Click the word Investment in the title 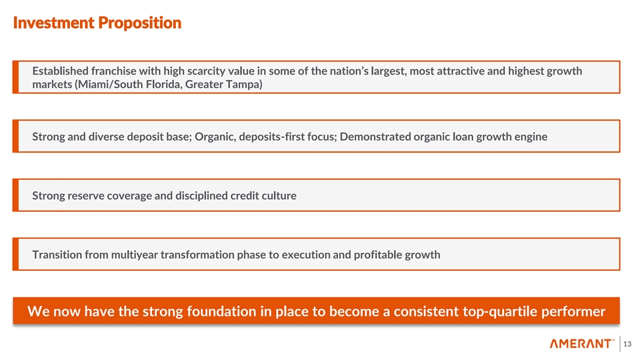54,23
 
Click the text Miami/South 109,85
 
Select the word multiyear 134,255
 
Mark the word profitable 377,255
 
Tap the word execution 306,255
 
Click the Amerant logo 581,344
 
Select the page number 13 627,344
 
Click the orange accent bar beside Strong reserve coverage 15,195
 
